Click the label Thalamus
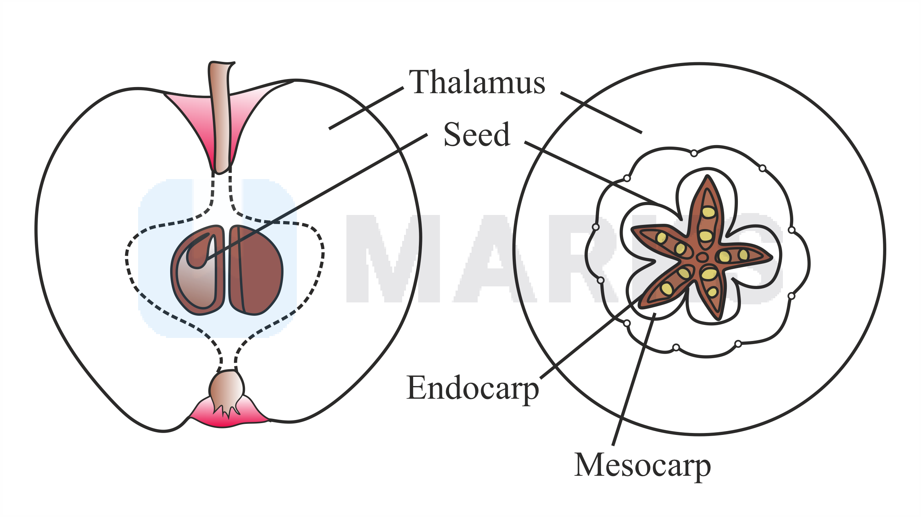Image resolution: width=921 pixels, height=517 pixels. (x=477, y=82)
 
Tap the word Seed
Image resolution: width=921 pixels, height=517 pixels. (x=477, y=134)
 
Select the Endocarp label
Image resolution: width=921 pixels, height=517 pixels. (x=472, y=389)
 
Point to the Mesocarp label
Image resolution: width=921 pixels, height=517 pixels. (x=642, y=466)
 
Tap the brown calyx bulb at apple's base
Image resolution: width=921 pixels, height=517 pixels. (x=227, y=389)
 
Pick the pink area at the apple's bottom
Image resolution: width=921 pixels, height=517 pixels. (x=229, y=418)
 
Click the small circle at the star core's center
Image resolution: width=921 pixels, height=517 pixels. (x=702, y=257)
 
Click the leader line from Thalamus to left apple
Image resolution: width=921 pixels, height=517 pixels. (x=366, y=108)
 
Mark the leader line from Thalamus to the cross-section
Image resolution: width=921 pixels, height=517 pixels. (x=601, y=113)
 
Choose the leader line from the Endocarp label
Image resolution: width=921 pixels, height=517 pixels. (x=591, y=336)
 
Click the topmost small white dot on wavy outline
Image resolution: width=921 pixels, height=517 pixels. (x=694, y=153)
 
